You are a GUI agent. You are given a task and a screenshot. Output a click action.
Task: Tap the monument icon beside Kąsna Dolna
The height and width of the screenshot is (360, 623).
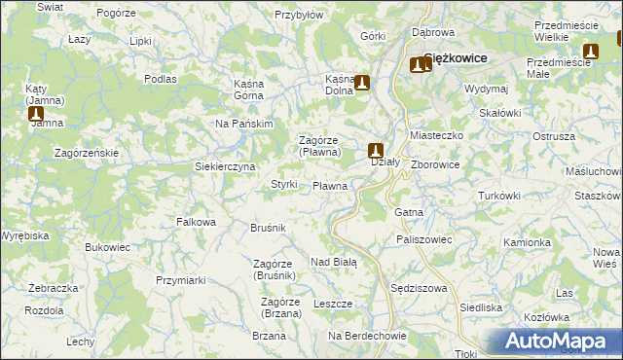click(x=363, y=84)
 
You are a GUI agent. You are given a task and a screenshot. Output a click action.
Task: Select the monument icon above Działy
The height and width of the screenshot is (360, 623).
click(x=376, y=150)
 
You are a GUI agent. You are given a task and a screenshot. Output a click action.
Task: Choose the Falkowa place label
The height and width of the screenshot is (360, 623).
click(x=196, y=222)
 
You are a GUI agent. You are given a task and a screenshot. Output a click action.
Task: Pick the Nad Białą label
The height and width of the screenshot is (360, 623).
click(x=334, y=262)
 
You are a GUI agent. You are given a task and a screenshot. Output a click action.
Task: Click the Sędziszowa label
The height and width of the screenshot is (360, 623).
click(x=417, y=289)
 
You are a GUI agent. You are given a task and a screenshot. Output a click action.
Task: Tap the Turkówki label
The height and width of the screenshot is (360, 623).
click(x=499, y=196)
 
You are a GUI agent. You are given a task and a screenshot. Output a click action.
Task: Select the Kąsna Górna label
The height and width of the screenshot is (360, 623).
click(x=256, y=90)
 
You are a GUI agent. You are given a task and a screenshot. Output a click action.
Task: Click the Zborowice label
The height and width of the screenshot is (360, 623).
click(x=435, y=164)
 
